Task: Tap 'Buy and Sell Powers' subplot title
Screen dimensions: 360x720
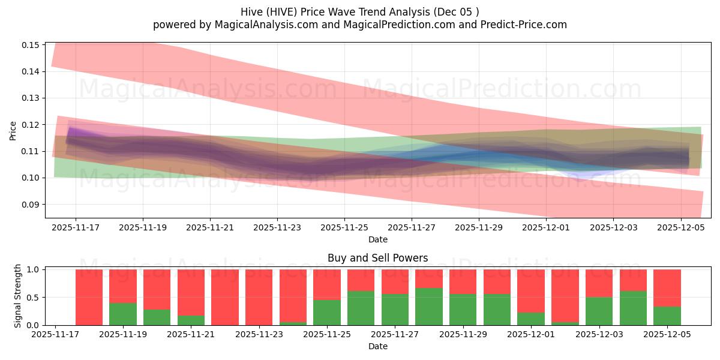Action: pyautogui.click(x=377, y=259)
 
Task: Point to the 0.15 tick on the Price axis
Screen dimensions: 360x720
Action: pyautogui.click(x=31, y=45)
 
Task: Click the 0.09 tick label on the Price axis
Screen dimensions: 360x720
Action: pyautogui.click(x=31, y=205)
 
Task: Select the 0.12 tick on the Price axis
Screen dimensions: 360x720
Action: pyautogui.click(x=31, y=125)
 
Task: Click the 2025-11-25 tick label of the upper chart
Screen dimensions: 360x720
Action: pyautogui.click(x=344, y=228)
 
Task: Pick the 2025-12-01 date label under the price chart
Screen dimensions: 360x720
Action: pyautogui.click(x=545, y=228)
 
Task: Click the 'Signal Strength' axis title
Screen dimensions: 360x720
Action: pyautogui.click(x=18, y=295)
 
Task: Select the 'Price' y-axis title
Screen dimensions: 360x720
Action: pyautogui.click(x=13, y=130)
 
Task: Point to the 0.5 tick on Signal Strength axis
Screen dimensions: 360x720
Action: pyautogui.click(x=34, y=298)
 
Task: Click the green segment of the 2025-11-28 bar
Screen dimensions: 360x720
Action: pyautogui.click(x=429, y=307)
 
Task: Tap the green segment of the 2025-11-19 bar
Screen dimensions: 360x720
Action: pyautogui.click(x=123, y=314)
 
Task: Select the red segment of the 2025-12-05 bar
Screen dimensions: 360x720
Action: pyautogui.click(x=667, y=288)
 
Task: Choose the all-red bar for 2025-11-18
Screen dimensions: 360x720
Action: pyautogui.click(x=89, y=297)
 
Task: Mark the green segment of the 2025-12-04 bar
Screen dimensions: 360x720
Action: pyautogui.click(x=633, y=308)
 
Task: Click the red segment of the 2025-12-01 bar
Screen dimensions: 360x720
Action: pyautogui.click(x=531, y=291)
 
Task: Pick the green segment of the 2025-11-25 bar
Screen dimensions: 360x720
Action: pyautogui.click(x=327, y=313)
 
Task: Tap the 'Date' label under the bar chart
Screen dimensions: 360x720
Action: pyautogui.click(x=377, y=346)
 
